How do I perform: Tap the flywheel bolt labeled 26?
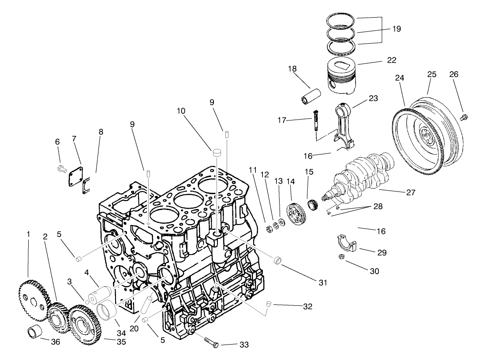[x=463, y=117]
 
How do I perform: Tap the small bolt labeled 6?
[x=61, y=168]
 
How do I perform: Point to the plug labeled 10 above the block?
[x=217, y=153]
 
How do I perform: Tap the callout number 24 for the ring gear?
[x=400, y=78]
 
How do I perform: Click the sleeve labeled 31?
[x=278, y=260]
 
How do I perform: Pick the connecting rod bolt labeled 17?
[x=316, y=120]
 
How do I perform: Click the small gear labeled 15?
[x=314, y=205]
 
